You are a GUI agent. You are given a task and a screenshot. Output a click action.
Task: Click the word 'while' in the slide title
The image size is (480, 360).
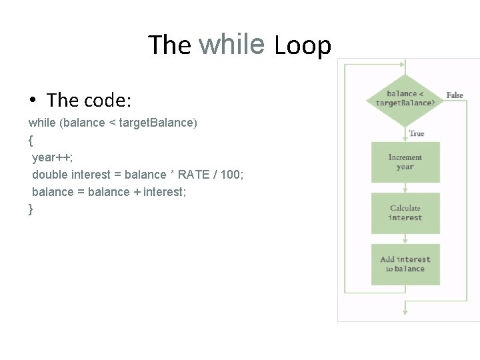pos(231,44)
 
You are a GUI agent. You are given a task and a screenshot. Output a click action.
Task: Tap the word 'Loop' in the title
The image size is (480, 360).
pos(303,45)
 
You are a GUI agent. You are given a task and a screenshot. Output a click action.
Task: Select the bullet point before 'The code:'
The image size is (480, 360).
pos(33,101)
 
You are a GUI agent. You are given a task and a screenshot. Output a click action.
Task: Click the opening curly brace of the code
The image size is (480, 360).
pos(31,140)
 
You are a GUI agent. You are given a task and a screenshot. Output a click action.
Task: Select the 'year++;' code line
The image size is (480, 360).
pos(53,157)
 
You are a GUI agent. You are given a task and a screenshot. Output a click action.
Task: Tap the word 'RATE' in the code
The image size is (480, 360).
pos(193,175)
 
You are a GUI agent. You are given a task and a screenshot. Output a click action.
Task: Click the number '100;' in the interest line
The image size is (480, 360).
pos(236,175)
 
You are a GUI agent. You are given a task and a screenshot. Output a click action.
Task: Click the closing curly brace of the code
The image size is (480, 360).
pos(31,209)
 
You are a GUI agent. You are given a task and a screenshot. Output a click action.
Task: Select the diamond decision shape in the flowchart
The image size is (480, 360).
pos(405,100)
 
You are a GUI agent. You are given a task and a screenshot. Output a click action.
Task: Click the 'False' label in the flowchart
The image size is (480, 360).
pos(455,95)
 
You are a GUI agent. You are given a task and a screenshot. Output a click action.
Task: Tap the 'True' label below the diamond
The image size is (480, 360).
pos(417,133)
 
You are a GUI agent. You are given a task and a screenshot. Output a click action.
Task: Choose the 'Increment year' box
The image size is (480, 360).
pos(405,162)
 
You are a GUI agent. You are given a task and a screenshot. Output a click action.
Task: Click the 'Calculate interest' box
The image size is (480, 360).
pos(405,213)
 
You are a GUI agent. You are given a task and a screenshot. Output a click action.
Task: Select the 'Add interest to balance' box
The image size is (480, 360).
pos(405,265)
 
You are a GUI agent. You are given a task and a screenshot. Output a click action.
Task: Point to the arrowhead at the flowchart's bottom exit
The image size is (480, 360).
pos(405,311)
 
